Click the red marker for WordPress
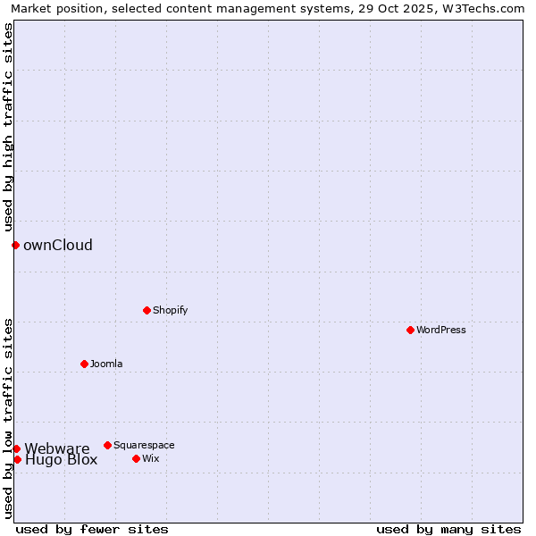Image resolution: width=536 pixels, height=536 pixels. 410,330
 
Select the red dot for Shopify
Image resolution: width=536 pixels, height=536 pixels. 147,310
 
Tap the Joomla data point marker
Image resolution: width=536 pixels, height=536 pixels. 84,364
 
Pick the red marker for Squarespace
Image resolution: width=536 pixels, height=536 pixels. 107,445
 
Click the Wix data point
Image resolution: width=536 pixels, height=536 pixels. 136,458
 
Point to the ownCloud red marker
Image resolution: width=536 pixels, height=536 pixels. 15,245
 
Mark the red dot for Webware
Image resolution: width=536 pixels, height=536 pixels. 16,448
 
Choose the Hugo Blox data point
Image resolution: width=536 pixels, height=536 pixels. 17,459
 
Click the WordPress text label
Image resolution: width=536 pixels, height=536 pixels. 441,330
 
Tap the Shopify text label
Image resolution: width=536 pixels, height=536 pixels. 170,310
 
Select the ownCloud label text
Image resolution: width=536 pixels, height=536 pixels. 58,245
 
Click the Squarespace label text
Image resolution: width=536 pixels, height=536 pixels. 144,445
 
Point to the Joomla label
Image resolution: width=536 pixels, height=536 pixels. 106,364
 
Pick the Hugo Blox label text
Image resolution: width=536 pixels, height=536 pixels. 61,461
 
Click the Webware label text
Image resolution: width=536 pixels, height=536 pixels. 57,448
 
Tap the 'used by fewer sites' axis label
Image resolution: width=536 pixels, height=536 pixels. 92,529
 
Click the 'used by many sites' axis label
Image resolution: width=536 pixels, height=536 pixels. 448,529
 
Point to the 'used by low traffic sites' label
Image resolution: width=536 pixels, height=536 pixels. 8,418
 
